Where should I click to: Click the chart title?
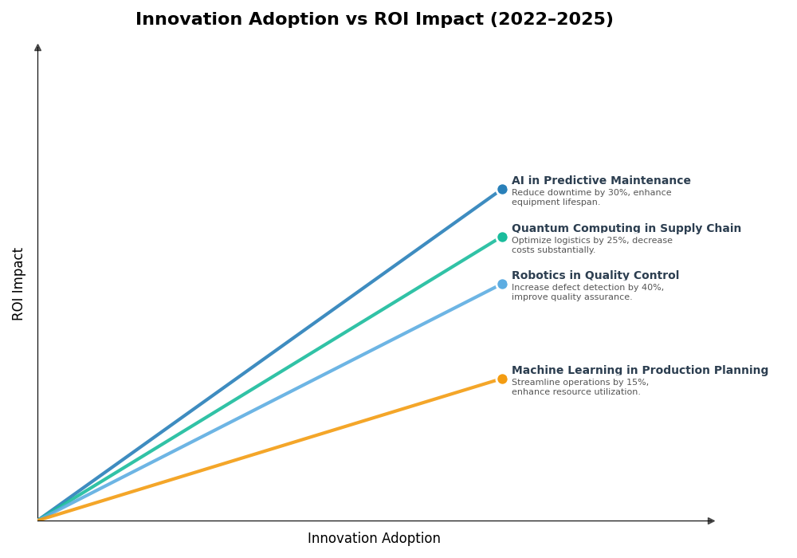click(x=374, y=19)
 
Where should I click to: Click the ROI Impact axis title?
click(x=18, y=284)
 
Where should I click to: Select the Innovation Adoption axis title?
click(x=374, y=539)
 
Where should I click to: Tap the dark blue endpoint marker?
click(x=502, y=190)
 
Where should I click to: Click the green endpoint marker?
click(x=502, y=237)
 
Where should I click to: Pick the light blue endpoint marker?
click(x=502, y=285)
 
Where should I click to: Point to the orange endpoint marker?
click(x=502, y=379)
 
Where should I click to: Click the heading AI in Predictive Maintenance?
click(x=601, y=181)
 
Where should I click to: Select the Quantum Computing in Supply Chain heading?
click(x=626, y=229)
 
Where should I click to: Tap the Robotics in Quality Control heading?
click(x=595, y=276)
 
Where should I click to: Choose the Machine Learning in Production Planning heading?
click(x=639, y=371)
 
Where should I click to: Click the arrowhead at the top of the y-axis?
click(x=37, y=48)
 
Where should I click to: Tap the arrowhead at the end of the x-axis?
click(x=711, y=521)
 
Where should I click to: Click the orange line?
click(x=271, y=450)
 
